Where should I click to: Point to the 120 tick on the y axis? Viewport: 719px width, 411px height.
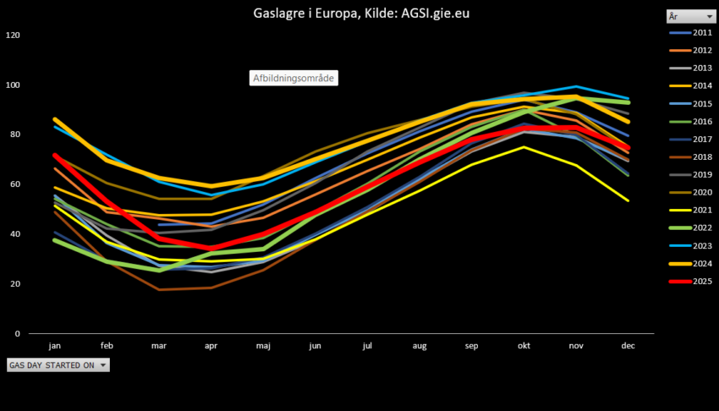coord(12,36)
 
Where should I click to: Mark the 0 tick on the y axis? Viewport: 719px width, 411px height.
coord(18,333)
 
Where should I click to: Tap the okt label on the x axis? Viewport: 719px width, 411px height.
coord(524,346)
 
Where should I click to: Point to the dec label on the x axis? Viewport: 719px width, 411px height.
coord(628,346)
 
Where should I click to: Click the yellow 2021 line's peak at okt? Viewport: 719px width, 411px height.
coord(524,147)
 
